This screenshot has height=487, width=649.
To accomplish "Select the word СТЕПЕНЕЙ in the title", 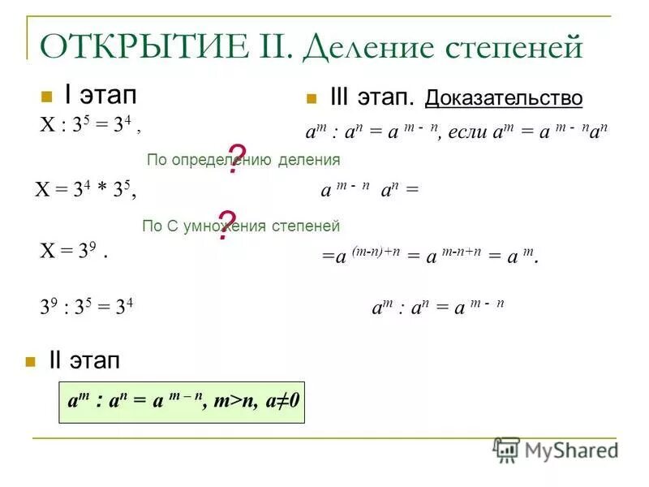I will pos(514,47).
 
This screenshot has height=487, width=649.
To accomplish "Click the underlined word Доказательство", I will pos(503,99).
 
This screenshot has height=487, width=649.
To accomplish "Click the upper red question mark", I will pos(236,159).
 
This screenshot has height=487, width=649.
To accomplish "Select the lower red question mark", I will pos(227,224).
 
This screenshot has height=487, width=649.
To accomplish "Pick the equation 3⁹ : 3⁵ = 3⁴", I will pos(87,308).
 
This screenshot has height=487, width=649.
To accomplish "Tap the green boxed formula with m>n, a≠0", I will pos(181,400).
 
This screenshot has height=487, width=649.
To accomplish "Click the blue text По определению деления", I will pos(243,160).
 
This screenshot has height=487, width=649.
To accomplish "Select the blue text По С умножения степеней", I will pos(240,226).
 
